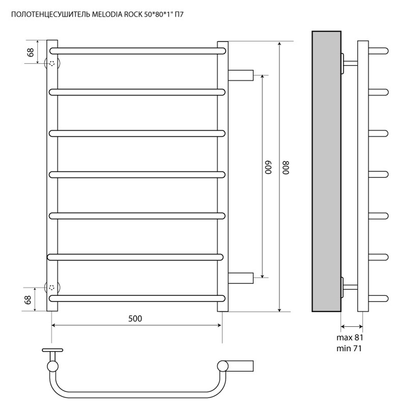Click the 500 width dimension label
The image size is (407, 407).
[x=135, y=319]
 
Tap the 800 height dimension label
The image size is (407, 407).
[x=286, y=167]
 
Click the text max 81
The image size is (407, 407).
[x=350, y=337]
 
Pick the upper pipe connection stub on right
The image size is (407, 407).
[x=241, y=76]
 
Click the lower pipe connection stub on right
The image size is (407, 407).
[x=241, y=278]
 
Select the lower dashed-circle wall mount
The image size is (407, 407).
[x=52, y=287]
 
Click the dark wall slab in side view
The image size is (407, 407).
[x=326, y=171]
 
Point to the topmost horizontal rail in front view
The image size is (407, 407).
[x=138, y=51]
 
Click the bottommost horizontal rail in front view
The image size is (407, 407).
[x=138, y=298]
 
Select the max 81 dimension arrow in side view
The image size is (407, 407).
[x=352, y=326]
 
